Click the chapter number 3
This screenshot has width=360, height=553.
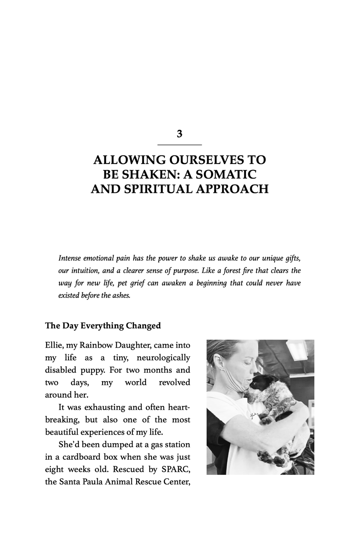pos(180,134)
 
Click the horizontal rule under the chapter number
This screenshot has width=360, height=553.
pos(180,145)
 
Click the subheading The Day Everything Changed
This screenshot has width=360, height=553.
pos(103,326)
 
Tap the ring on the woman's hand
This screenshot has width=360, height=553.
pos(297,450)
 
